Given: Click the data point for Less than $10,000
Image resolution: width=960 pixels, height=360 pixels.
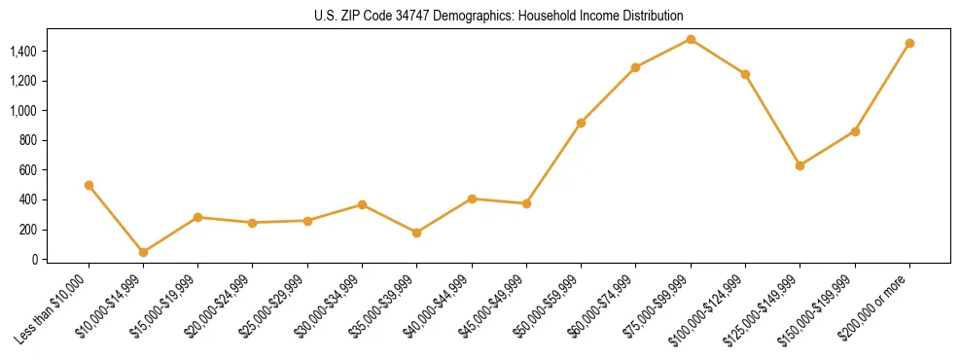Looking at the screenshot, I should tap(89, 185).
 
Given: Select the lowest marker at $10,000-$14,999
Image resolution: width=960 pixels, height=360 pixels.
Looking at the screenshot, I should tap(143, 252).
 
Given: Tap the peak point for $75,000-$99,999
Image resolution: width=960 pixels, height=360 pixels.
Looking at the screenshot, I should tap(691, 39).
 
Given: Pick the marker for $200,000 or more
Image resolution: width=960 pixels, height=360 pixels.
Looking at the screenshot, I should tap(909, 43).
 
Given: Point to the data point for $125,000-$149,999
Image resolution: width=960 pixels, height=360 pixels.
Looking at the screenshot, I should tap(800, 165).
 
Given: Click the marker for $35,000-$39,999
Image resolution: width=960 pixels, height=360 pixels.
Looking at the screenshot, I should tap(416, 233).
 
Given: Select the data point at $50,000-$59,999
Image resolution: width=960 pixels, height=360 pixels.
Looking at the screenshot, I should tap(581, 123).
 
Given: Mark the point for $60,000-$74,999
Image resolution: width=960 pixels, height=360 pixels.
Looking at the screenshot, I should tap(635, 67).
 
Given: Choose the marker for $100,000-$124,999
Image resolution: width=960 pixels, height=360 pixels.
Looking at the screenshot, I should tap(745, 74).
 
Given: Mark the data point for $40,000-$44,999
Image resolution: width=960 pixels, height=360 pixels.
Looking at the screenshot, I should tap(472, 198).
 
